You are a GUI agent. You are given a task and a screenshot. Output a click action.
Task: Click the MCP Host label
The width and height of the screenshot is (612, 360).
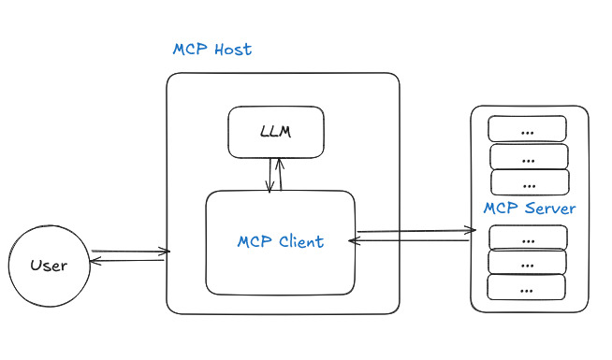point(211,50)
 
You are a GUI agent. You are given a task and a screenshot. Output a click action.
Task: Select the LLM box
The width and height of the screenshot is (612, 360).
point(276,132)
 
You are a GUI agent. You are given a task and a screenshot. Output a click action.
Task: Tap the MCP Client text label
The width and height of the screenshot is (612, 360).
point(280,241)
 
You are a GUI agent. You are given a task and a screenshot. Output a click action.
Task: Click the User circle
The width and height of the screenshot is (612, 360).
point(49,266)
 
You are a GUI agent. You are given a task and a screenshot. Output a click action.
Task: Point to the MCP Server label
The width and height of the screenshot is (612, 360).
point(529,208)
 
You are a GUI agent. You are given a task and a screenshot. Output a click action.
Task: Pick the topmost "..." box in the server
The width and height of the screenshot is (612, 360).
point(528,129)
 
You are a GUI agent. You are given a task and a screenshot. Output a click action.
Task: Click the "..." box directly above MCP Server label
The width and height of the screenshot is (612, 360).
point(529,182)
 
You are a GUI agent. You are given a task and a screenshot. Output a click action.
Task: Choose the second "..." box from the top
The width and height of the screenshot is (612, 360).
point(529,155)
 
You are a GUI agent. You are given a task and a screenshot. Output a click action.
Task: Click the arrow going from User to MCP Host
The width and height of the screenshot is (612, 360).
point(131,251)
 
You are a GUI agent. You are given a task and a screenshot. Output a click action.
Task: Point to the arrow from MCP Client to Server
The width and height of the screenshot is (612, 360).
point(412,230)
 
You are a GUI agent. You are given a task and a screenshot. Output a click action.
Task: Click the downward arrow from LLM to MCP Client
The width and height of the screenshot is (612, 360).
point(270,174)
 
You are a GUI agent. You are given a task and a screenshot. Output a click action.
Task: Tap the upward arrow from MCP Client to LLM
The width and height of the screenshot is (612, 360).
point(280,174)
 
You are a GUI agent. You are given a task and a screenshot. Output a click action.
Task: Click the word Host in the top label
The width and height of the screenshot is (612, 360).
point(231,50)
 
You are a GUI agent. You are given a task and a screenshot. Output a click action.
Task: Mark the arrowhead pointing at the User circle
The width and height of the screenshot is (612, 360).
point(94,260)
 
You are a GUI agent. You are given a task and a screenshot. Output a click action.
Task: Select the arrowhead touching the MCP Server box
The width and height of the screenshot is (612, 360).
point(471,229)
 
